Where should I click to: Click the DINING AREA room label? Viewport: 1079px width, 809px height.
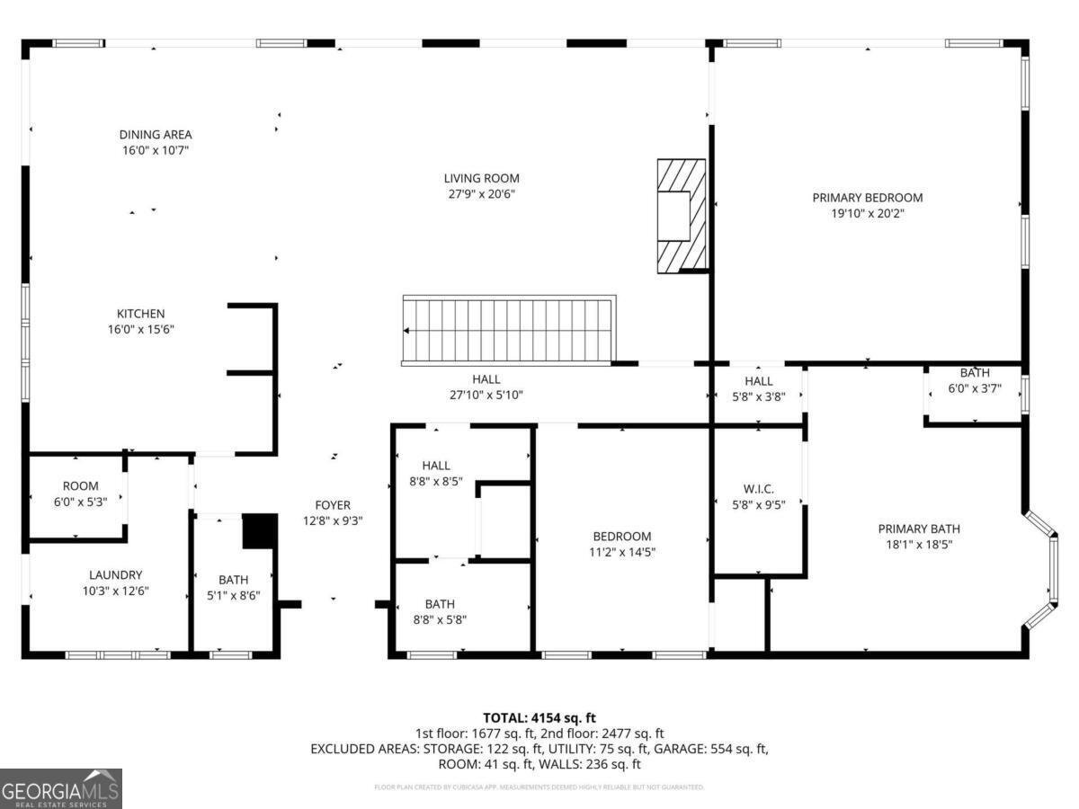pyautogui.click(x=156, y=135)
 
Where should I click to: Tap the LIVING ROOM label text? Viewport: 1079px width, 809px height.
pyautogui.click(x=481, y=178)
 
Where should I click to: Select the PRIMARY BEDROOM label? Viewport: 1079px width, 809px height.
pyautogui.click(x=867, y=198)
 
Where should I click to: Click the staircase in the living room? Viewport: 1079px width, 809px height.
pyautogui.click(x=509, y=330)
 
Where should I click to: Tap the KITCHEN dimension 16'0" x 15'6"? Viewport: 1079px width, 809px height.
pyautogui.click(x=140, y=329)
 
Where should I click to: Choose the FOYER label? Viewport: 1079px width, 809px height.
pyautogui.click(x=332, y=505)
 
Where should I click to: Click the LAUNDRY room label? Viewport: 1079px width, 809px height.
pyautogui.click(x=115, y=575)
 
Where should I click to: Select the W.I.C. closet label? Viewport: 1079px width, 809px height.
pyautogui.click(x=758, y=489)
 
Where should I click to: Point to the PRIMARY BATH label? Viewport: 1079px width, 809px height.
pyautogui.click(x=919, y=529)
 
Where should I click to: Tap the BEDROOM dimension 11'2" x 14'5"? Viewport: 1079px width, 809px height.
pyautogui.click(x=621, y=552)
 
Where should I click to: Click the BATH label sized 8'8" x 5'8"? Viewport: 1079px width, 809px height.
pyautogui.click(x=440, y=604)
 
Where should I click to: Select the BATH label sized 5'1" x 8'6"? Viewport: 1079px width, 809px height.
pyautogui.click(x=233, y=580)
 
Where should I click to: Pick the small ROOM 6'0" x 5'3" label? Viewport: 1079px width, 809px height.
pyautogui.click(x=80, y=486)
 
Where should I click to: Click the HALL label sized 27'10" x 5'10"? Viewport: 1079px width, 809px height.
pyautogui.click(x=486, y=379)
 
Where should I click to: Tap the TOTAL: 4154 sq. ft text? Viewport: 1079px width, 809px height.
pyautogui.click(x=539, y=717)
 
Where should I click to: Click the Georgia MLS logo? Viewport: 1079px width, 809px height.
pyautogui.click(x=60, y=788)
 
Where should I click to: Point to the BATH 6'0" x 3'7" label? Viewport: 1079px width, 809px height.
pyautogui.click(x=975, y=373)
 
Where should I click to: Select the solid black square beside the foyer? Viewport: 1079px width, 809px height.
pyautogui.click(x=260, y=530)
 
